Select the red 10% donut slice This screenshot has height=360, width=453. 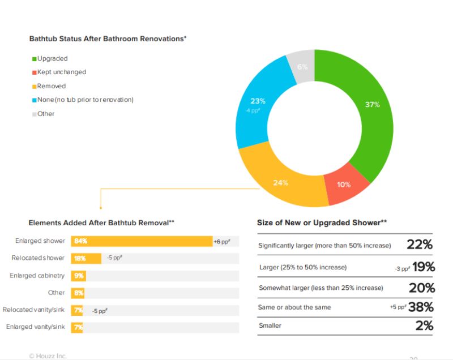pyautogui.click(x=344, y=186)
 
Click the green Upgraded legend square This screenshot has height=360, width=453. pyautogui.click(x=34, y=59)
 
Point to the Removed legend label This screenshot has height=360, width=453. pyautogui.click(x=52, y=86)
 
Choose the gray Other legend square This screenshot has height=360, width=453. pyautogui.click(x=34, y=114)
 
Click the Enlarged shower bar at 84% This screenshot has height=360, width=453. pyautogui.click(x=142, y=241)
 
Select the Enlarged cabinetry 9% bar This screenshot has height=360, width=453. pyautogui.click(x=78, y=276)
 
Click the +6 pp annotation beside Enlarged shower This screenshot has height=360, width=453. pyautogui.click(x=221, y=242)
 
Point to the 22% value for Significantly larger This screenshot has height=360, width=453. pyautogui.click(x=419, y=245)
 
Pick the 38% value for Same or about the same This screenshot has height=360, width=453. pyautogui.click(x=420, y=307)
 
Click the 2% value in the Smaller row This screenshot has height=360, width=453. pyautogui.click(x=424, y=325)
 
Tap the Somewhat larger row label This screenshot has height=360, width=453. pyautogui.click(x=320, y=288)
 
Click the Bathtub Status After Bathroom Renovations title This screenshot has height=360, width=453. pyautogui.click(x=108, y=39)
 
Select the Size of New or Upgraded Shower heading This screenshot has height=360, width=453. pyautogui.click(x=322, y=223)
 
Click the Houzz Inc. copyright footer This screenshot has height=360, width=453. pyautogui.click(x=48, y=355)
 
